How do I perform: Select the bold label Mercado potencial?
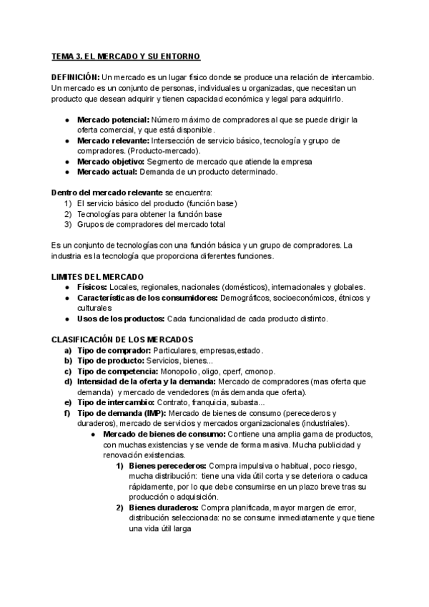(113, 120)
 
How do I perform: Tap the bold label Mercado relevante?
(113, 141)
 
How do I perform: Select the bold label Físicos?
(92, 287)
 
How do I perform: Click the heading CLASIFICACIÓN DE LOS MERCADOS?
(122, 340)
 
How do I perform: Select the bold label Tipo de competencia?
(117, 372)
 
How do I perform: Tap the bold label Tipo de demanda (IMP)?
(121, 414)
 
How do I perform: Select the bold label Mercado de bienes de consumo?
(164, 434)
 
